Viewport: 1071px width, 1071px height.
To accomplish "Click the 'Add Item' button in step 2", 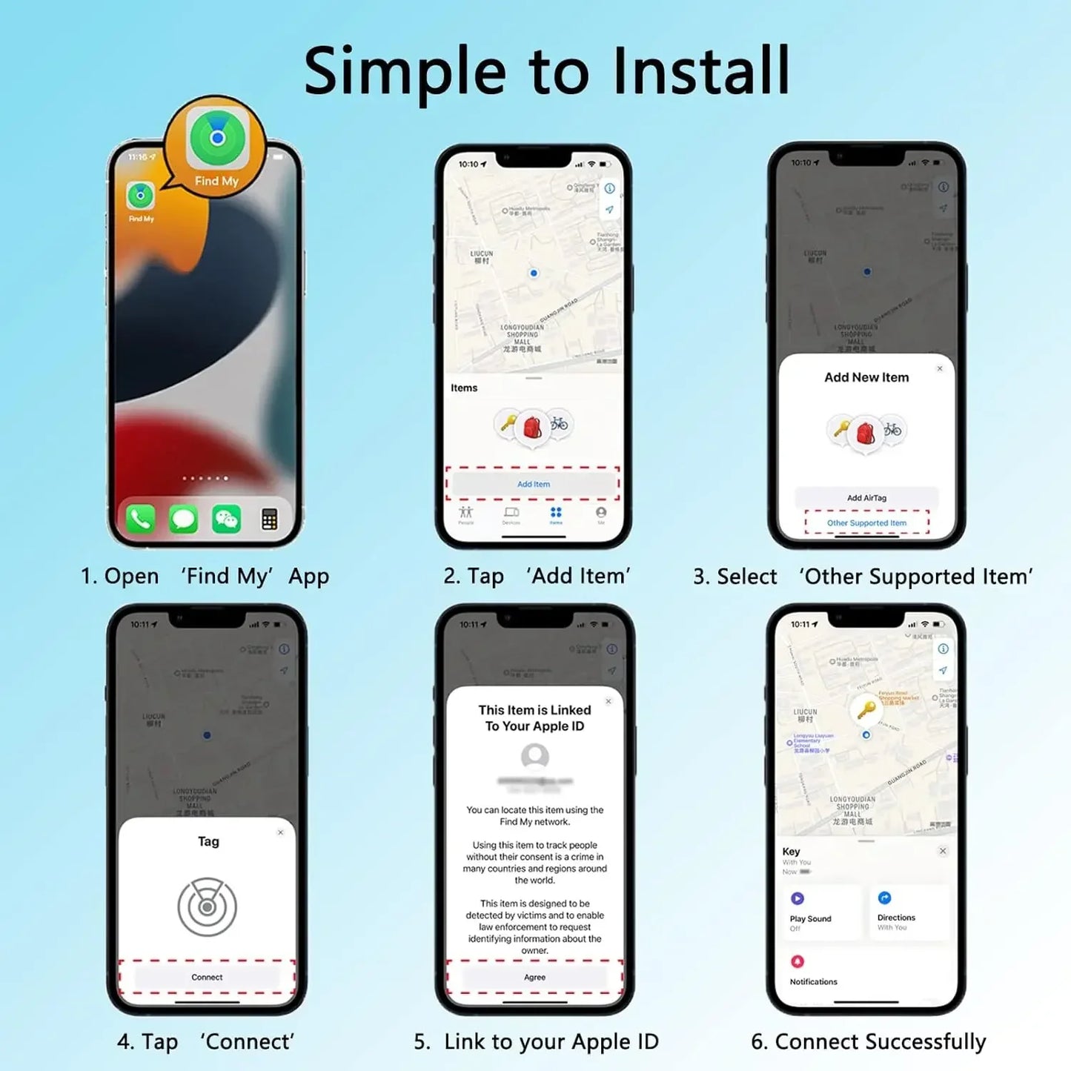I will [x=533, y=484].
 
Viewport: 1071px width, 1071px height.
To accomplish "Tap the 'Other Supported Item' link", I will [x=866, y=523].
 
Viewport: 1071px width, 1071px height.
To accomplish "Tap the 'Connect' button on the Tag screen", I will [x=207, y=977].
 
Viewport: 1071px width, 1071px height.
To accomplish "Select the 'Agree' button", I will [x=534, y=977].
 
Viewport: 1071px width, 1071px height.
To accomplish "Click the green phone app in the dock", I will [x=141, y=519].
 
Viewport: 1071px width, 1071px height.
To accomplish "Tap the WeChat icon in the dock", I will [x=226, y=519].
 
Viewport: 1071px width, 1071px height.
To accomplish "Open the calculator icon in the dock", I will [x=269, y=519].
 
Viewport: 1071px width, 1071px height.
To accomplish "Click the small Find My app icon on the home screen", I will [x=140, y=196].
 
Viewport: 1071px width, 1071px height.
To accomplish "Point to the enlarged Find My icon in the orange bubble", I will [x=216, y=138].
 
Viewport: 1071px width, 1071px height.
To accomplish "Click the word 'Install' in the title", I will [x=701, y=71].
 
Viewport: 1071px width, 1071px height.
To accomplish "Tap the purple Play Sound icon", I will [x=798, y=898].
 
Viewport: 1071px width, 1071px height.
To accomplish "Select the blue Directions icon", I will [x=884, y=898].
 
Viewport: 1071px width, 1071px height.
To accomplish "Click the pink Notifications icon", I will [x=798, y=961].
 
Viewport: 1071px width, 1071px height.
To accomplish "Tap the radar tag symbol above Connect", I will [x=208, y=906].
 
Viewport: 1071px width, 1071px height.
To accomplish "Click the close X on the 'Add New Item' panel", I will [x=940, y=368].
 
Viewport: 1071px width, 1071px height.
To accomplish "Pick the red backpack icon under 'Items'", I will [x=532, y=428].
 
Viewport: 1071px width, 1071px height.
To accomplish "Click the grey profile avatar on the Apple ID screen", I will [x=534, y=756].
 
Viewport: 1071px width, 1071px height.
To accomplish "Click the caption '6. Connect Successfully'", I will [x=868, y=1041].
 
